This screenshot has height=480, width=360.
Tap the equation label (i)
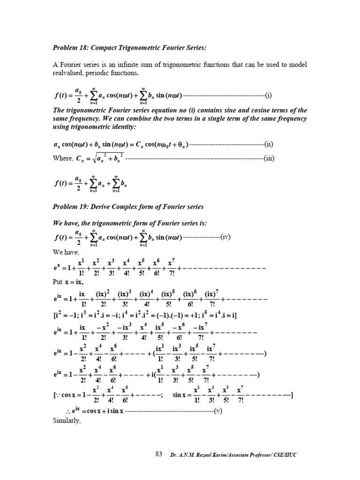click(268, 97)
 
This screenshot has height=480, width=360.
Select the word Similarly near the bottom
click(67, 420)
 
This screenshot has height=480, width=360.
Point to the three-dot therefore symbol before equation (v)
click(67, 412)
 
